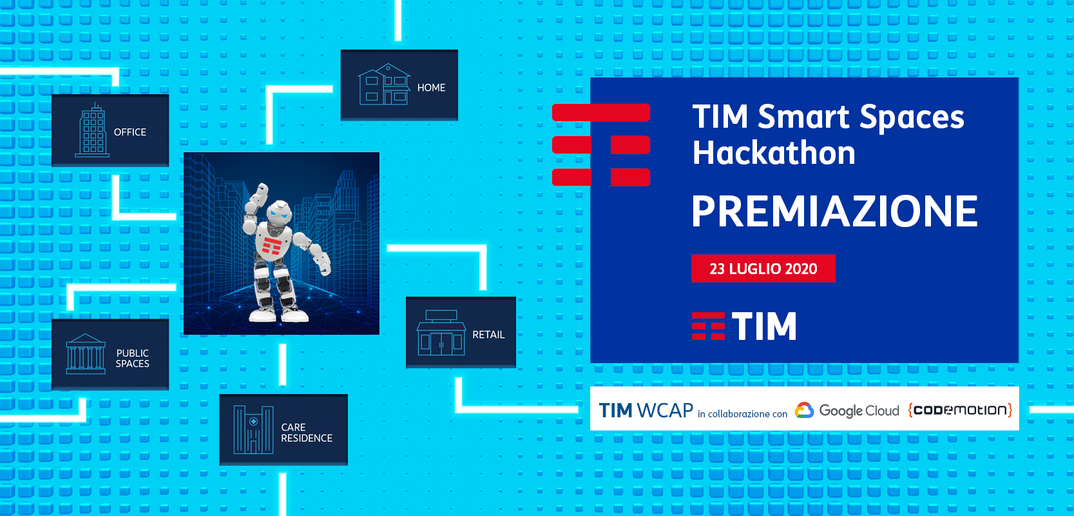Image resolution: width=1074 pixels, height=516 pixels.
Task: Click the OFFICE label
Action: click(x=129, y=132)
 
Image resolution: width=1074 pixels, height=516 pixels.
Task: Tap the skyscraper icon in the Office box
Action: click(x=93, y=131)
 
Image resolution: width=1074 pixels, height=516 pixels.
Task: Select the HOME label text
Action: click(x=431, y=88)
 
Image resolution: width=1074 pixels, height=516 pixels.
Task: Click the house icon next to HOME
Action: click(x=384, y=84)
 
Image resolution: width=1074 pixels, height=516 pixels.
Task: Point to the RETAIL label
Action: click(x=488, y=335)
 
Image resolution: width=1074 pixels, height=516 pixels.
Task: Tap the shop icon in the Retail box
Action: click(x=441, y=333)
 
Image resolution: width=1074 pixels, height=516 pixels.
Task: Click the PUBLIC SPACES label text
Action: click(x=132, y=359)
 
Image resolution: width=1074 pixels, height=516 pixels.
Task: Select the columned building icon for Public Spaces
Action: click(x=86, y=354)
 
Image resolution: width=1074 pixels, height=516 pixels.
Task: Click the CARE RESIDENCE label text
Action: click(x=306, y=433)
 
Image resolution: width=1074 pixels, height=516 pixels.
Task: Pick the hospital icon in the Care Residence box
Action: click(x=253, y=430)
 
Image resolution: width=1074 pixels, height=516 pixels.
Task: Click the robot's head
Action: click(x=280, y=211)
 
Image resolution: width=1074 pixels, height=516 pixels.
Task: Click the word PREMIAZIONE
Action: click(x=834, y=212)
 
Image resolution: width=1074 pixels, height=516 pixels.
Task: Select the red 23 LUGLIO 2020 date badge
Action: click(x=763, y=268)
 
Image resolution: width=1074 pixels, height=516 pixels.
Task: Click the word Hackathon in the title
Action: click(x=774, y=154)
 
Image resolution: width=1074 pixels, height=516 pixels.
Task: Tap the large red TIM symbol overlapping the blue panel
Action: click(x=601, y=144)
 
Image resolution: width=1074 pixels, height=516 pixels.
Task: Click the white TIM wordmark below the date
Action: click(x=763, y=326)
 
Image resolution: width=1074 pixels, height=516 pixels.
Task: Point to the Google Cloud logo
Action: click(x=847, y=410)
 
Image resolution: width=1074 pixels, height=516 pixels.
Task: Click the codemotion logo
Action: click(x=960, y=410)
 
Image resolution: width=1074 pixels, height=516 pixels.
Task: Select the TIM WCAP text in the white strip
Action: click(x=646, y=410)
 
